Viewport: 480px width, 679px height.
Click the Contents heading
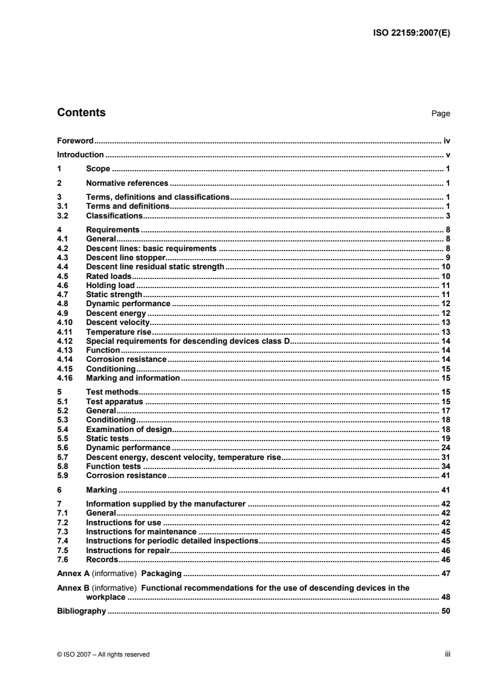pyautogui.click(x=81, y=113)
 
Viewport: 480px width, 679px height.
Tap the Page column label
pyautogui.click(x=441, y=114)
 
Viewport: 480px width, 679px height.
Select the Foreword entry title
pyautogui.click(x=74, y=140)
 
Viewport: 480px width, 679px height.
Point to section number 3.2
pyautogui.click(x=62, y=215)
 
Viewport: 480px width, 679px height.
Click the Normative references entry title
pyautogui.click(x=127, y=183)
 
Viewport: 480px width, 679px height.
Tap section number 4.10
pyautogui.click(x=64, y=323)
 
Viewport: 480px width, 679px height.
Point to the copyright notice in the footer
pyautogui.click(x=103, y=654)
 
